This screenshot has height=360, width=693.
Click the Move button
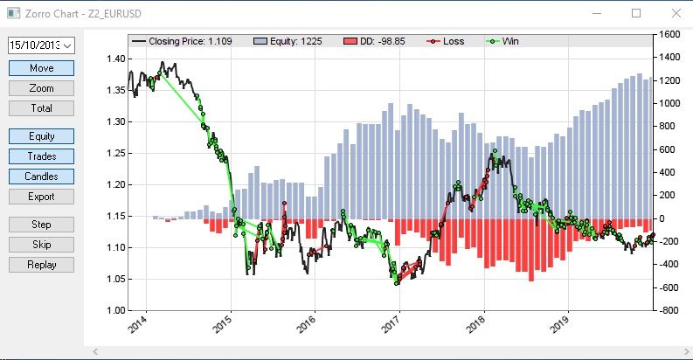tap(41, 68)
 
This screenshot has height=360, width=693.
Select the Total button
tap(41, 108)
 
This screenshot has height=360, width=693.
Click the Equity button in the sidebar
tap(41, 136)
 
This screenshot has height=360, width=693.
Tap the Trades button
tap(41, 156)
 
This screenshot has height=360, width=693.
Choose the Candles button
tap(41, 177)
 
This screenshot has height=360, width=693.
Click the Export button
tap(41, 197)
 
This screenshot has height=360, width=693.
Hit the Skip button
tap(41, 245)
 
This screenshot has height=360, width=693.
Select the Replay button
tap(41, 265)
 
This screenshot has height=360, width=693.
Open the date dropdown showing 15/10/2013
tap(41, 45)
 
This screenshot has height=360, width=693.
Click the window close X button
tap(674, 13)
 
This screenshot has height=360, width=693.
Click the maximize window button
tap(636, 13)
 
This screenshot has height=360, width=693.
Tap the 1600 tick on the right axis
tap(671, 35)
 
